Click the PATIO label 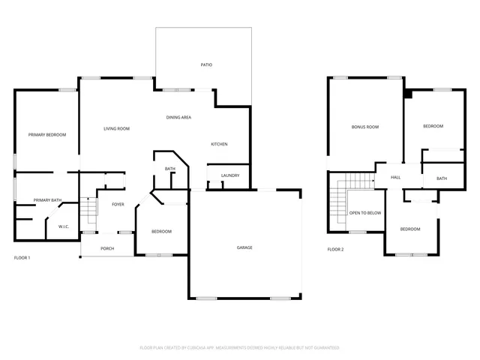(206, 65)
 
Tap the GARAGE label (244, 247)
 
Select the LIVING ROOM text (116, 129)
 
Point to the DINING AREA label (178, 118)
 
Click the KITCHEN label (219, 145)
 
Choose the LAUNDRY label (230, 176)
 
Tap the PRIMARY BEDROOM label (47, 135)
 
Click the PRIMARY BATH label (46, 200)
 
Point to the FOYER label (118, 204)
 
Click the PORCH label (107, 247)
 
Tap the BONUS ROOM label (365, 127)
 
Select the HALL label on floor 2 (395, 178)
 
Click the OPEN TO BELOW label (365, 213)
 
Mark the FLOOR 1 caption (22, 258)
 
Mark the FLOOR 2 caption (335, 249)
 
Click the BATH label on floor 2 (442, 178)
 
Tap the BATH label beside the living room (170, 169)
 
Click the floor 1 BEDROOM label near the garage (161, 232)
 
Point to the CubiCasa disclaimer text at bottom (240, 348)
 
